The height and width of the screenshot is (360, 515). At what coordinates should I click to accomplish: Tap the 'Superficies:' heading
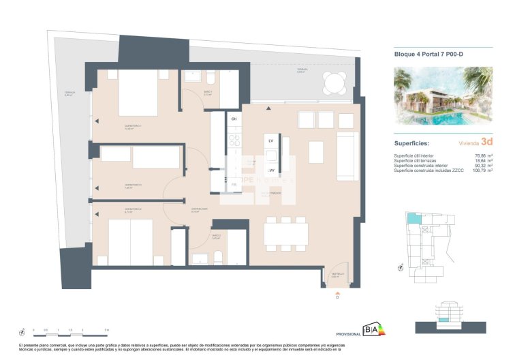pyautogui.click(x=413, y=144)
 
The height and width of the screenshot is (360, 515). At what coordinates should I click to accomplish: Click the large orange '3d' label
pyautogui.click(x=486, y=142)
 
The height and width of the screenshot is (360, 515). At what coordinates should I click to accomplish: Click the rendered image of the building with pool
pyautogui.click(x=443, y=97)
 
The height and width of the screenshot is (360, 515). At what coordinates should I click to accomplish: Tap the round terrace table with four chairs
pyautogui.click(x=334, y=84)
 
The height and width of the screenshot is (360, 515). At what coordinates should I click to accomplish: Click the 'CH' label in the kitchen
pyautogui.click(x=234, y=119)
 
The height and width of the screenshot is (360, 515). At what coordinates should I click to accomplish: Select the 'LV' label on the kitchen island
pyautogui.click(x=270, y=140)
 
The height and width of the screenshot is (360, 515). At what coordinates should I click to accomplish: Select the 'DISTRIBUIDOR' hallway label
pyautogui.click(x=199, y=209)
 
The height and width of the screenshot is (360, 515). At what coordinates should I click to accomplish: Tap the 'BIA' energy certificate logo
pyautogui.click(x=373, y=330)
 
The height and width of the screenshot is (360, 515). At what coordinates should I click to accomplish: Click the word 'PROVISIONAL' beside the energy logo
pyautogui.click(x=348, y=334)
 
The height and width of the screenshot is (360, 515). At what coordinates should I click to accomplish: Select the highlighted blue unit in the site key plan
pyautogui.click(x=414, y=219)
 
